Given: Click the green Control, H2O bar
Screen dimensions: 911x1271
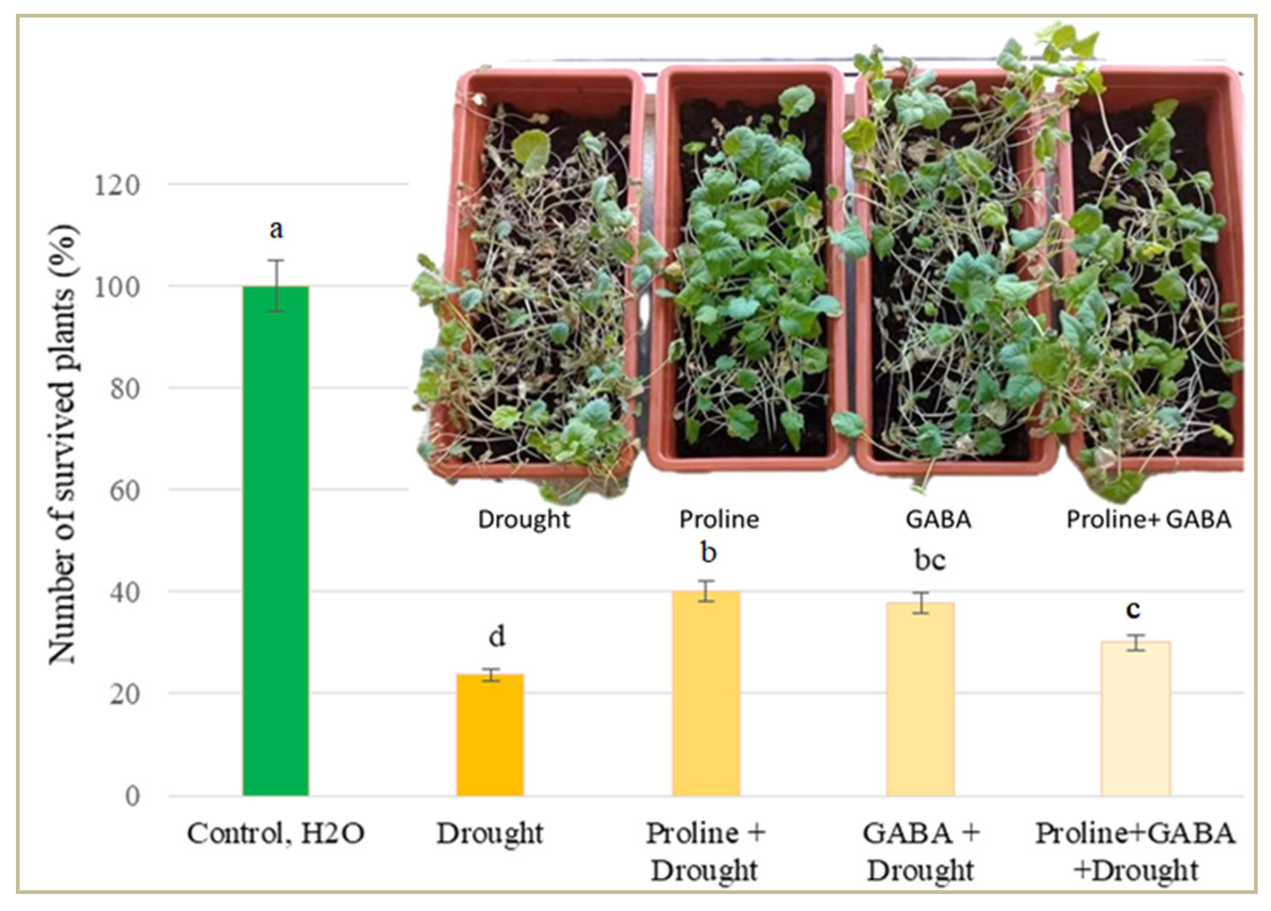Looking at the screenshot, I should tap(275, 541).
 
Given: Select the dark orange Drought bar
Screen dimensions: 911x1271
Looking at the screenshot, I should tap(490, 734).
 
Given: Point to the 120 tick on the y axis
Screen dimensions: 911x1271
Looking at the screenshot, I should tap(116, 186).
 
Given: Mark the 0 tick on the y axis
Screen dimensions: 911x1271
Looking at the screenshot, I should tap(132, 796).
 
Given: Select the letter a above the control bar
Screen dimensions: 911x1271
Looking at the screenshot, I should tap(275, 229).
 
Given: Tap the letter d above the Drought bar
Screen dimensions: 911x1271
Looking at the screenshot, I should tap(497, 637).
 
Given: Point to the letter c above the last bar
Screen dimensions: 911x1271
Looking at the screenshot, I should tap(1133, 609).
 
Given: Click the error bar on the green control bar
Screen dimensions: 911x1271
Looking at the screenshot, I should tap(275, 285).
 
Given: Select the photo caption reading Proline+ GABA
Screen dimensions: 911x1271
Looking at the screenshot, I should tap(1148, 520).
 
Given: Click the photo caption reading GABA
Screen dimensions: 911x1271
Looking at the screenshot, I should tap(938, 520).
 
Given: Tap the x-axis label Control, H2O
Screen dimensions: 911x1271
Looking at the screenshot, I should tap(275, 833).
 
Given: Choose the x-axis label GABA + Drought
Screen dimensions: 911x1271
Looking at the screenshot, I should tap(921, 851).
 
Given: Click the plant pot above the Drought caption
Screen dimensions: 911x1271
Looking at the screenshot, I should tap(535, 274).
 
